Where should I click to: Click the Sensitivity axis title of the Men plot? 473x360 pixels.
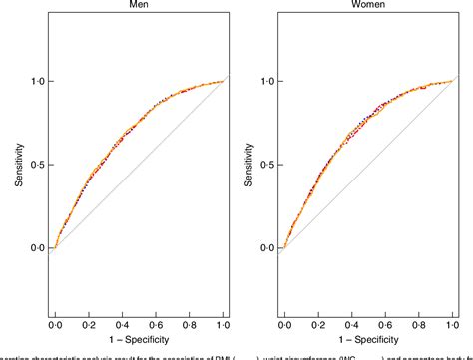(11, 165)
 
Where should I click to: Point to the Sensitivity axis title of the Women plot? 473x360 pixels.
(241, 165)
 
